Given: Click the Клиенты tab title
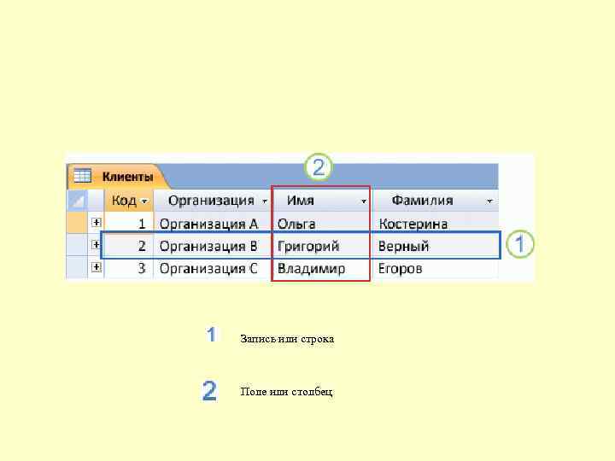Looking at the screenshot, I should (x=127, y=177).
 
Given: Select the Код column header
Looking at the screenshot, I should (x=123, y=201).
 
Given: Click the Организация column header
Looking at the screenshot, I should (x=211, y=201).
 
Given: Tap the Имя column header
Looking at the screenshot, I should (x=301, y=201).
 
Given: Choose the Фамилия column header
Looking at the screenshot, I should (x=422, y=201).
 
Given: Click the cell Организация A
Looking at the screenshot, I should (x=208, y=224).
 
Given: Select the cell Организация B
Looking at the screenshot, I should (x=208, y=246).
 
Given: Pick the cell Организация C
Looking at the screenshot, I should (x=208, y=268).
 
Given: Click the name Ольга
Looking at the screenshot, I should (x=296, y=224).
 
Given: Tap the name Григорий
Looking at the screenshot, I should (x=308, y=246).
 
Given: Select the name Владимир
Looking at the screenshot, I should (x=312, y=268).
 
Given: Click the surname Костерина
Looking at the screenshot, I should (x=413, y=224).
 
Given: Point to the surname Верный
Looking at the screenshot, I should (x=404, y=246).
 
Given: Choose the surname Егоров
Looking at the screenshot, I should (x=401, y=268).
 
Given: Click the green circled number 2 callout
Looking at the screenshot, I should (x=318, y=167).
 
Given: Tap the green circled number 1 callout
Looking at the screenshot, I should (x=519, y=245).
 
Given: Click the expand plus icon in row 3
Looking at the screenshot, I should (x=97, y=267).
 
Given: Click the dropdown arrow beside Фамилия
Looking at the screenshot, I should (x=489, y=201).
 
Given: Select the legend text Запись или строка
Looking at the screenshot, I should (x=287, y=339).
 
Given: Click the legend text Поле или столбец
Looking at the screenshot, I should (x=287, y=391).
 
